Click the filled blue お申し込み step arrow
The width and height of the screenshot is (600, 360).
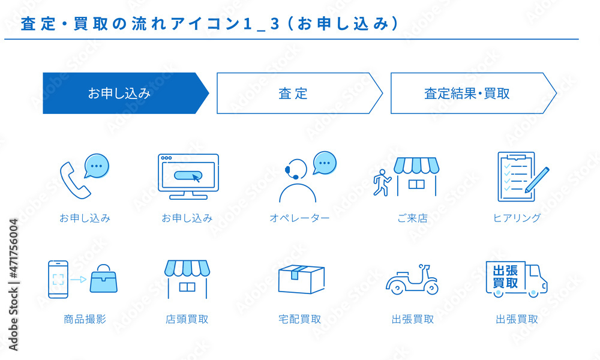click(120, 93)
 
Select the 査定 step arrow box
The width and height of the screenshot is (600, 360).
click(294, 93)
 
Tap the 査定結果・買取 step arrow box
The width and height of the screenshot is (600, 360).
click(468, 93)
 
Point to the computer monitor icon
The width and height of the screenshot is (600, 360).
click(188, 176)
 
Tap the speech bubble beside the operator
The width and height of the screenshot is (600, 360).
click(325, 163)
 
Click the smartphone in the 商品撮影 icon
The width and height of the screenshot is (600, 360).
click(58, 279)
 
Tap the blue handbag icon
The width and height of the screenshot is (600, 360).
click(103, 279)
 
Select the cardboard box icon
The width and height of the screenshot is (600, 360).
click(301, 278)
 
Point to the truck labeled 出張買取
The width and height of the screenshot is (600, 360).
click(516, 279)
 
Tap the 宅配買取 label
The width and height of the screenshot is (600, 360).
click(300, 319)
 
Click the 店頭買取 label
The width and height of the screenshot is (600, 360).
click(187, 319)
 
